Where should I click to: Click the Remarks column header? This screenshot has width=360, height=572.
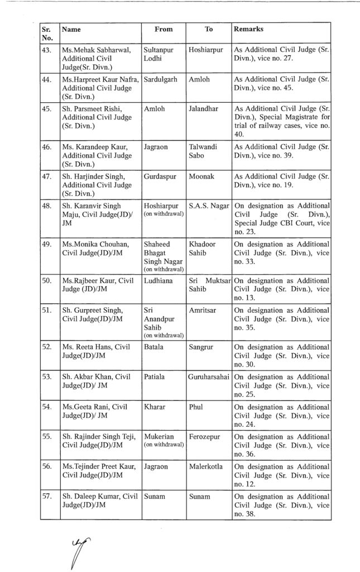point(248,28)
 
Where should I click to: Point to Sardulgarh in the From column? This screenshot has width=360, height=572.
point(161,79)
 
